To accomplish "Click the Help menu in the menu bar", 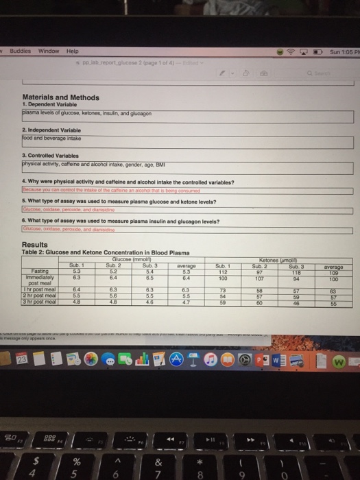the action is coord(72,51).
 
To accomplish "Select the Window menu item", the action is coord(48,51).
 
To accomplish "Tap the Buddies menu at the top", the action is coord(20,51).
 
